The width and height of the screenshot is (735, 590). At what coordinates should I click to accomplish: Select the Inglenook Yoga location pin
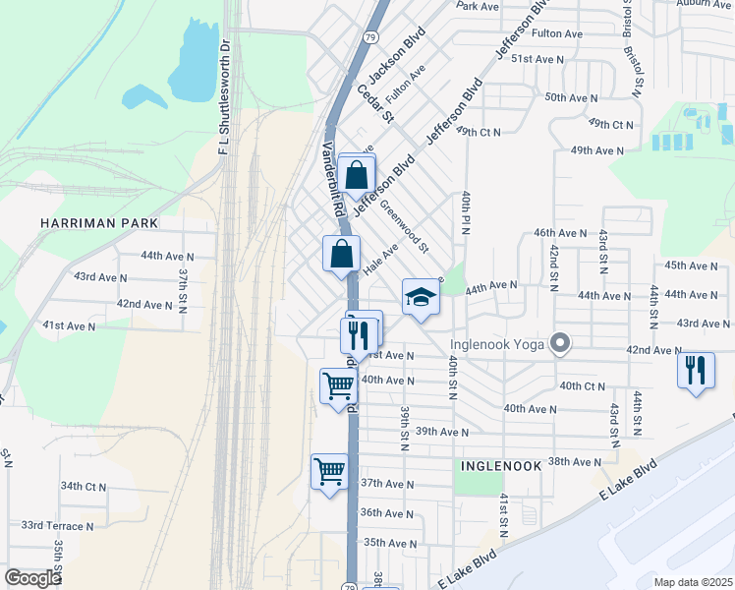(x=560, y=343)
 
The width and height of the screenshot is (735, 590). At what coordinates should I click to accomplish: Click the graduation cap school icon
(x=421, y=296)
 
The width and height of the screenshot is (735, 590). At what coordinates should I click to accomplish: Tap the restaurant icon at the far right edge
(x=696, y=371)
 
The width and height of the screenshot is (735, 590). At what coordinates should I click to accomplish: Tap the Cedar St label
(x=374, y=103)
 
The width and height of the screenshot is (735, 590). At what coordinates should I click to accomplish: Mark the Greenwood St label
(x=405, y=227)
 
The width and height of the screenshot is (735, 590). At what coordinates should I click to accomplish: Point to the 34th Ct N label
(x=84, y=486)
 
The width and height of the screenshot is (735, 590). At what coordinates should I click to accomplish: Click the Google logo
(x=32, y=578)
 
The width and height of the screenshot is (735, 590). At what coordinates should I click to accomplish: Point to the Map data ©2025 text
(x=693, y=582)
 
